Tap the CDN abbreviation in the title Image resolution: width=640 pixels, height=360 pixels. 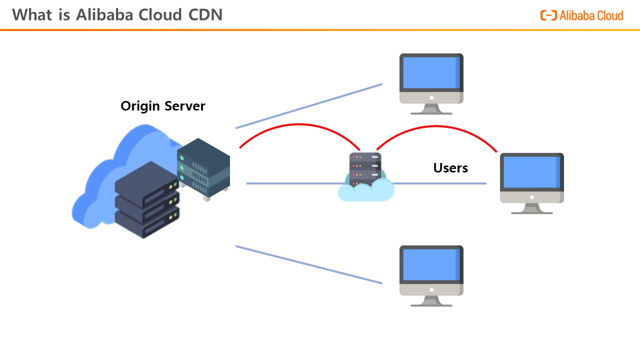point(205,15)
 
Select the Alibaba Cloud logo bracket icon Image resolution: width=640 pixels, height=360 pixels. point(548,15)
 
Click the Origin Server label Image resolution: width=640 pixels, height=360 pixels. point(163,106)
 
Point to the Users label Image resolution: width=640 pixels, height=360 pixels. point(450,168)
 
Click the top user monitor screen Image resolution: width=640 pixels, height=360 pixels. point(431,72)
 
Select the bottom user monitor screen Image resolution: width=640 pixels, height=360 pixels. point(431,264)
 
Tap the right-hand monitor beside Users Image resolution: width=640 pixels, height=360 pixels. point(531,172)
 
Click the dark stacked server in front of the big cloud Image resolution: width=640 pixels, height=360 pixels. point(147,200)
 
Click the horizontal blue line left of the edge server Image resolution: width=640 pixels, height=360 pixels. point(295,183)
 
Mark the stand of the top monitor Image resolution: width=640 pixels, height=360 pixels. point(431,109)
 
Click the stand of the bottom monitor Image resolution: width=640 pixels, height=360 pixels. point(431,301)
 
